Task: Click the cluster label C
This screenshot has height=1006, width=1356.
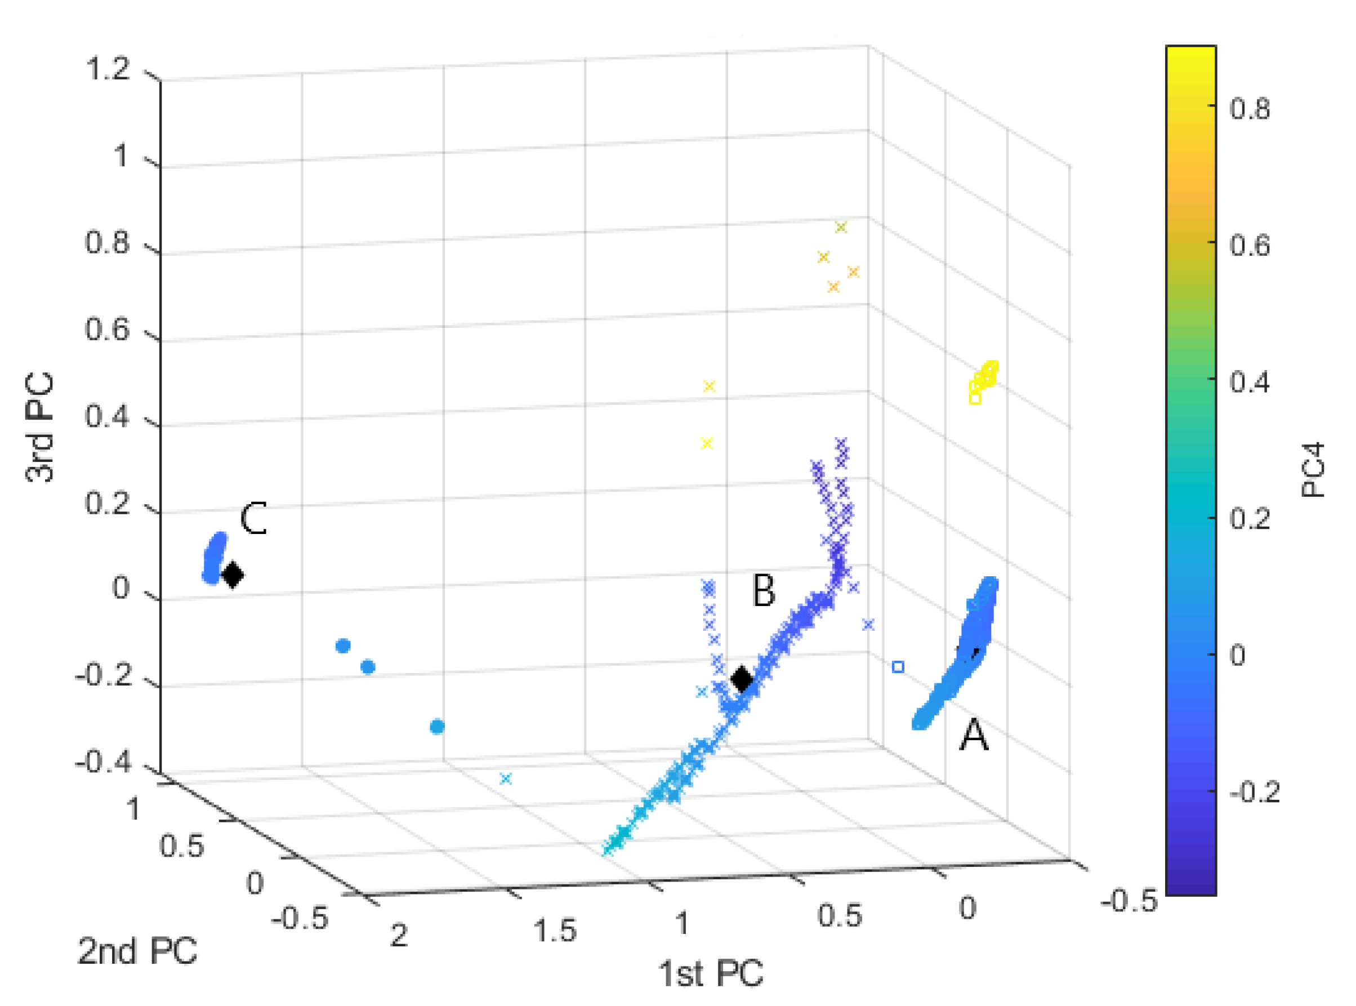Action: tap(253, 519)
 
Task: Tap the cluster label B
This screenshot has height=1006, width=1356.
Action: tap(764, 590)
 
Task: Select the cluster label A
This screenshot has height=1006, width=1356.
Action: tap(974, 736)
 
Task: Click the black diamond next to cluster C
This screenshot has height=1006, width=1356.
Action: tap(232, 574)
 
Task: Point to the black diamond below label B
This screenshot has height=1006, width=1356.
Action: tap(741, 678)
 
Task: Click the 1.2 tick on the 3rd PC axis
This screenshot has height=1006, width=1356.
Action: tap(108, 68)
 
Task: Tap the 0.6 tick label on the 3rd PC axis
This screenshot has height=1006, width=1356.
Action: tap(107, 330)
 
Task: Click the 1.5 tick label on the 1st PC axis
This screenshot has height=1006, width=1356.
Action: tap(555, 931)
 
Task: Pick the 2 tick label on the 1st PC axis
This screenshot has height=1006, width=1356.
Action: tap(399, 935)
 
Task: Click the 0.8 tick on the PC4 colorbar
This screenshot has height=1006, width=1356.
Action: tap(1250, 110)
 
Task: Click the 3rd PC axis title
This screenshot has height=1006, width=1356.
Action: tap(40, 428)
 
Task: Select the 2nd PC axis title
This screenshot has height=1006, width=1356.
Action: tap(137, 951)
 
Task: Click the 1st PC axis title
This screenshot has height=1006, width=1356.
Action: tap(710, 973)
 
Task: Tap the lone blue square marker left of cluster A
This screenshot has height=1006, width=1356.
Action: tap(898, 667)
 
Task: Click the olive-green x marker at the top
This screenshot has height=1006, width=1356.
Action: tap(841, 227)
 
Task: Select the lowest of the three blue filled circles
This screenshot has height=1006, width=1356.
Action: tap(437, 726)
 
